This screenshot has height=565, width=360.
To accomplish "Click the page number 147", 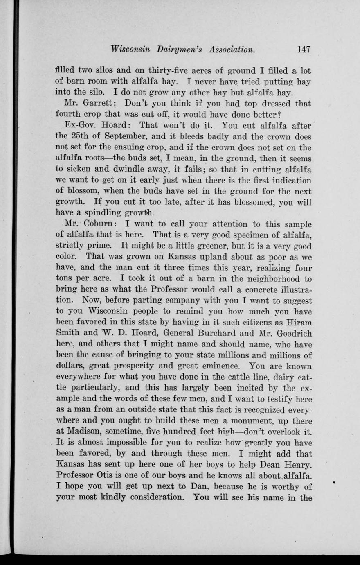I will [x=304, y=50].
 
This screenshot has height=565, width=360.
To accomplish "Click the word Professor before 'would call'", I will [x=223, y=290].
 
